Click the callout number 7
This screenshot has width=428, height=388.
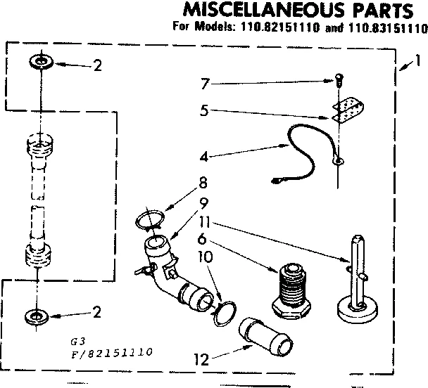click(204, 84)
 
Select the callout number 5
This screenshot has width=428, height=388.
click(204, 110)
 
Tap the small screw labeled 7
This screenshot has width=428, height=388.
click(338, 80)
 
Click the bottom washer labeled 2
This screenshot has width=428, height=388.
click(40, 313)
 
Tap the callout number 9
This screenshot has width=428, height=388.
click(203, 204)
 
